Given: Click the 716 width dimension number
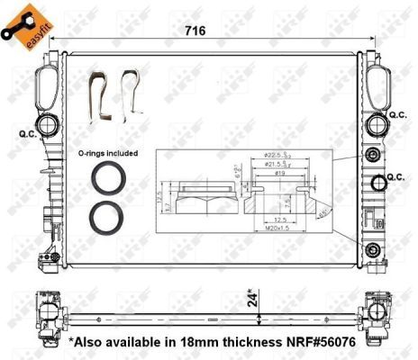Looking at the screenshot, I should [x=197, y=31].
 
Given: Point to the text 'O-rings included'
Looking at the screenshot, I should [x=108, y=154].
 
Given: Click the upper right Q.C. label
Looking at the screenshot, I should [x=397, y=115].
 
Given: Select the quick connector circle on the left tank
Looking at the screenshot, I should [x=43, y=124].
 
